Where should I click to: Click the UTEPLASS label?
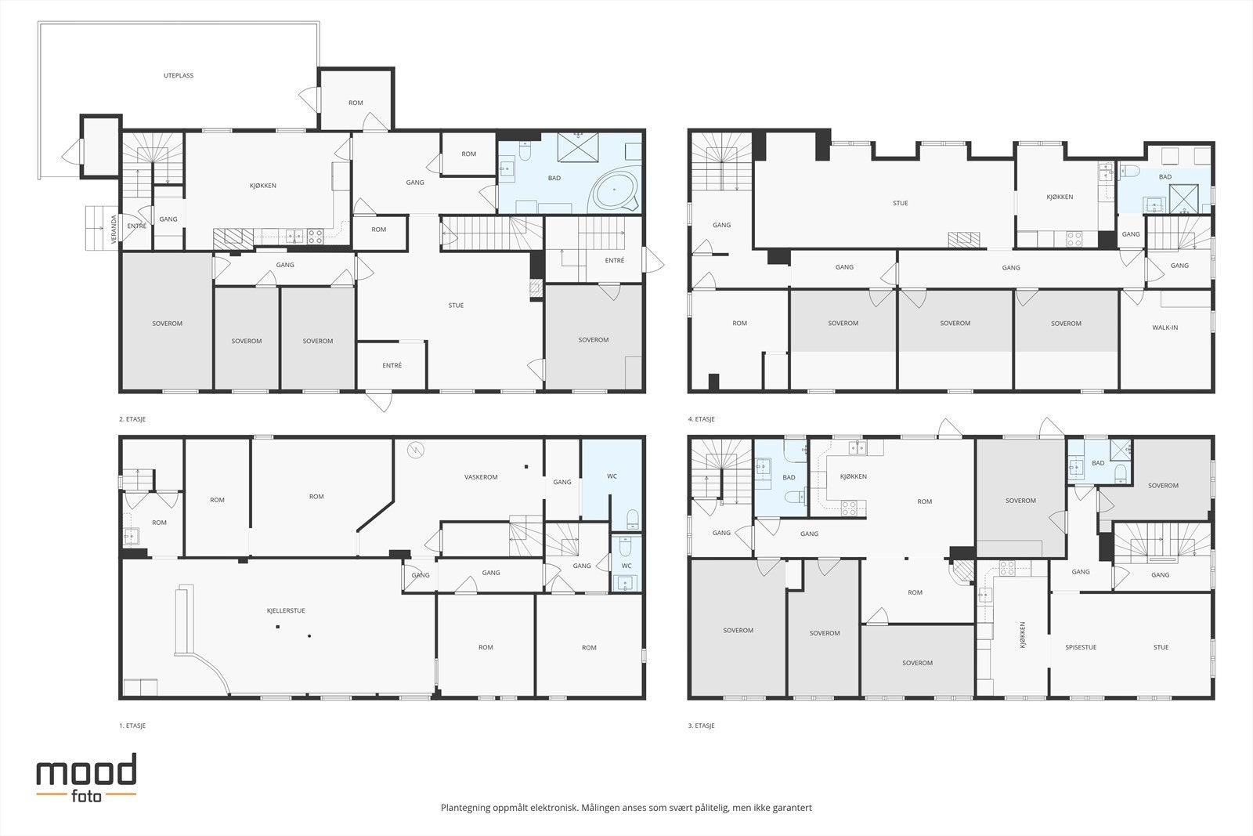tap(179, 76)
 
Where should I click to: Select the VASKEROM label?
tap(481, 477)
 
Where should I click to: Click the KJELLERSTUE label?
tap(286, 609)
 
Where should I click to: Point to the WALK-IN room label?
tap(1165, 328)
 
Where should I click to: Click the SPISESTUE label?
tap(1081, 647)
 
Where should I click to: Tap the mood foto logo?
tap(86, 776)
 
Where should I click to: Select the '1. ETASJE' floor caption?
tap(132, 726)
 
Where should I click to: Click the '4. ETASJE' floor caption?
tap(701, 419)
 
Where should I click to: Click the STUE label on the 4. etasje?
tap(901, 203)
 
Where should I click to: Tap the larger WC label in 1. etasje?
tap(612, 476)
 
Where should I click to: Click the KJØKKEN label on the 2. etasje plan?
tap(263, 186)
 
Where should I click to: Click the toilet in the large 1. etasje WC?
tap(632, 519)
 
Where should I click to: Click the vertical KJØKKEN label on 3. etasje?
tap(1023, 635)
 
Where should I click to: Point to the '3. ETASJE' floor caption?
tap(701, 726)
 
